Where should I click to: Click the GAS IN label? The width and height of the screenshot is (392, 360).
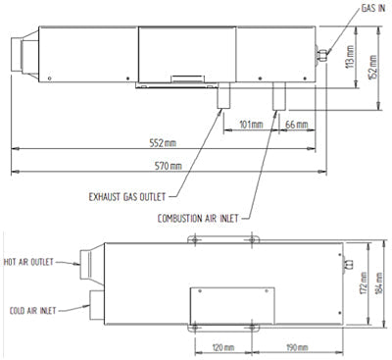[373, 8]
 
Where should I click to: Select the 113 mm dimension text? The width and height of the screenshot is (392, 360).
[350, 57]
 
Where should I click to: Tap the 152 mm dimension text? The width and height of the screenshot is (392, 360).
[372, 67]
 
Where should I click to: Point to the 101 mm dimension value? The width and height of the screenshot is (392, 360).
[251, 125]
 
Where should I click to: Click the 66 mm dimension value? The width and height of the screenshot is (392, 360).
[296, 125]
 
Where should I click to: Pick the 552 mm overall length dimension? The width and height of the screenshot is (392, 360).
[163, 143]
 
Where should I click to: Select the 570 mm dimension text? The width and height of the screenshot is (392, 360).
[168, 166]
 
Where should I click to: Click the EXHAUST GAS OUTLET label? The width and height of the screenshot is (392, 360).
[127, 197]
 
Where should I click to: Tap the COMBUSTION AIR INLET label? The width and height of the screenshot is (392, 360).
[198, 219]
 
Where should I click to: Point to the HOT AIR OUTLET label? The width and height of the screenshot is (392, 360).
[28, 262]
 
